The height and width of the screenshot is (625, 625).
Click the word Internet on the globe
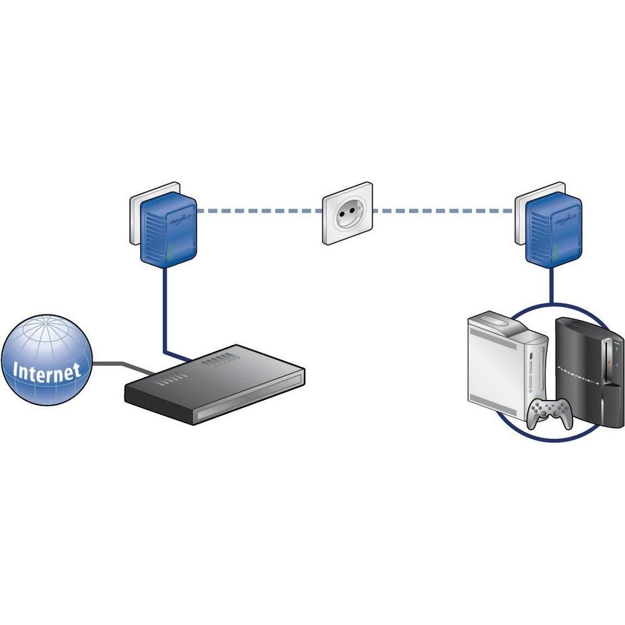(x=47, y=370)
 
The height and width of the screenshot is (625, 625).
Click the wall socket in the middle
(x=347, y=212)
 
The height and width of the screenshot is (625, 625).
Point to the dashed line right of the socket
(x=444, y=211)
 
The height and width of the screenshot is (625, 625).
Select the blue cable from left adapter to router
(x=164, y=312)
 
